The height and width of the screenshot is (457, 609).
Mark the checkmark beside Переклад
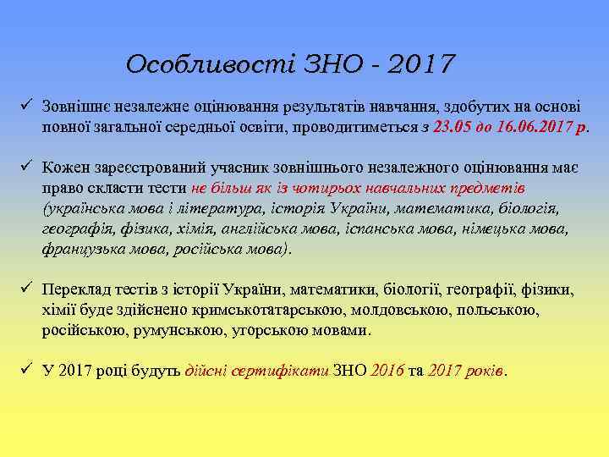coord(26,289)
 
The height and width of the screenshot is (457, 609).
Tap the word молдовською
coord(392,310)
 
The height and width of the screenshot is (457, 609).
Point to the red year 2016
coord(387,371)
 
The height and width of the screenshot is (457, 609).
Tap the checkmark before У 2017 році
coord(26,371)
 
